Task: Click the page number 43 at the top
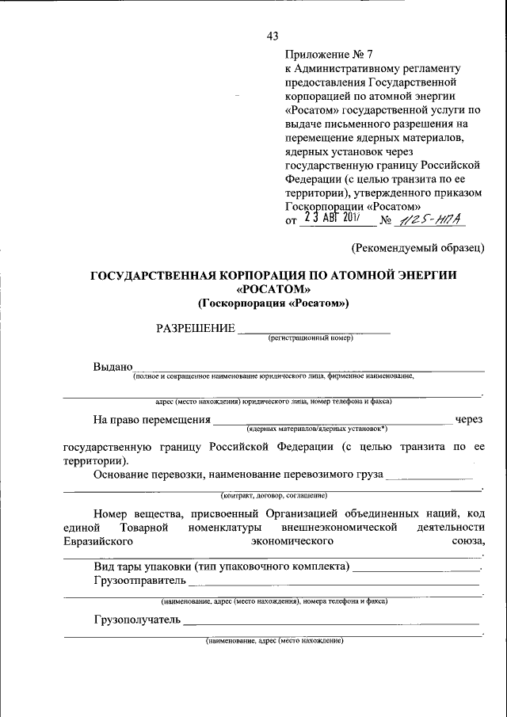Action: [x=273, y=36]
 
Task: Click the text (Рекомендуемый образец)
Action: [x=417, y=249]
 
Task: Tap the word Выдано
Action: [x=112, y=367]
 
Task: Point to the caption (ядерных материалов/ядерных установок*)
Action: [x=316, y=428]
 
